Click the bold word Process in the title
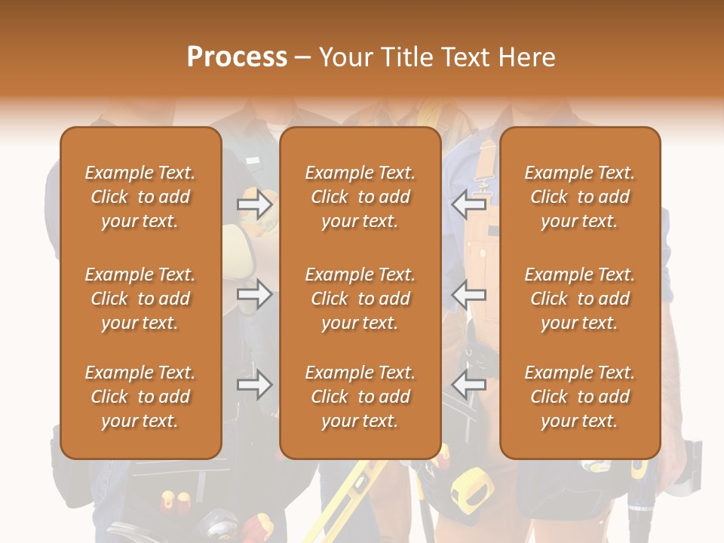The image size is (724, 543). (237, 57)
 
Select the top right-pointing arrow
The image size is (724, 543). (254, 204)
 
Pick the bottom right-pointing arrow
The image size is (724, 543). (254, 385)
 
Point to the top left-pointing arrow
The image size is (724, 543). (468, 204)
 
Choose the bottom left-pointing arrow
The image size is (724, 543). (468, 385)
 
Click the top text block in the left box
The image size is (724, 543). (140, 197)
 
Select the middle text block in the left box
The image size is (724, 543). (140, 299)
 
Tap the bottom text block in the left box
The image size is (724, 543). (140, 397)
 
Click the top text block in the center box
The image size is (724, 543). (360, 197)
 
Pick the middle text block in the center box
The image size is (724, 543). (360, 299)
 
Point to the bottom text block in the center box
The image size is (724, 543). (360, 397)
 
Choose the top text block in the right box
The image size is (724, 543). (579, 197)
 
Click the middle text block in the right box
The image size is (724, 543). (579, 299)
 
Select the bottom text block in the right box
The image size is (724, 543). (579, 397)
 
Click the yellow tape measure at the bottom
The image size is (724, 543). (469, 486)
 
